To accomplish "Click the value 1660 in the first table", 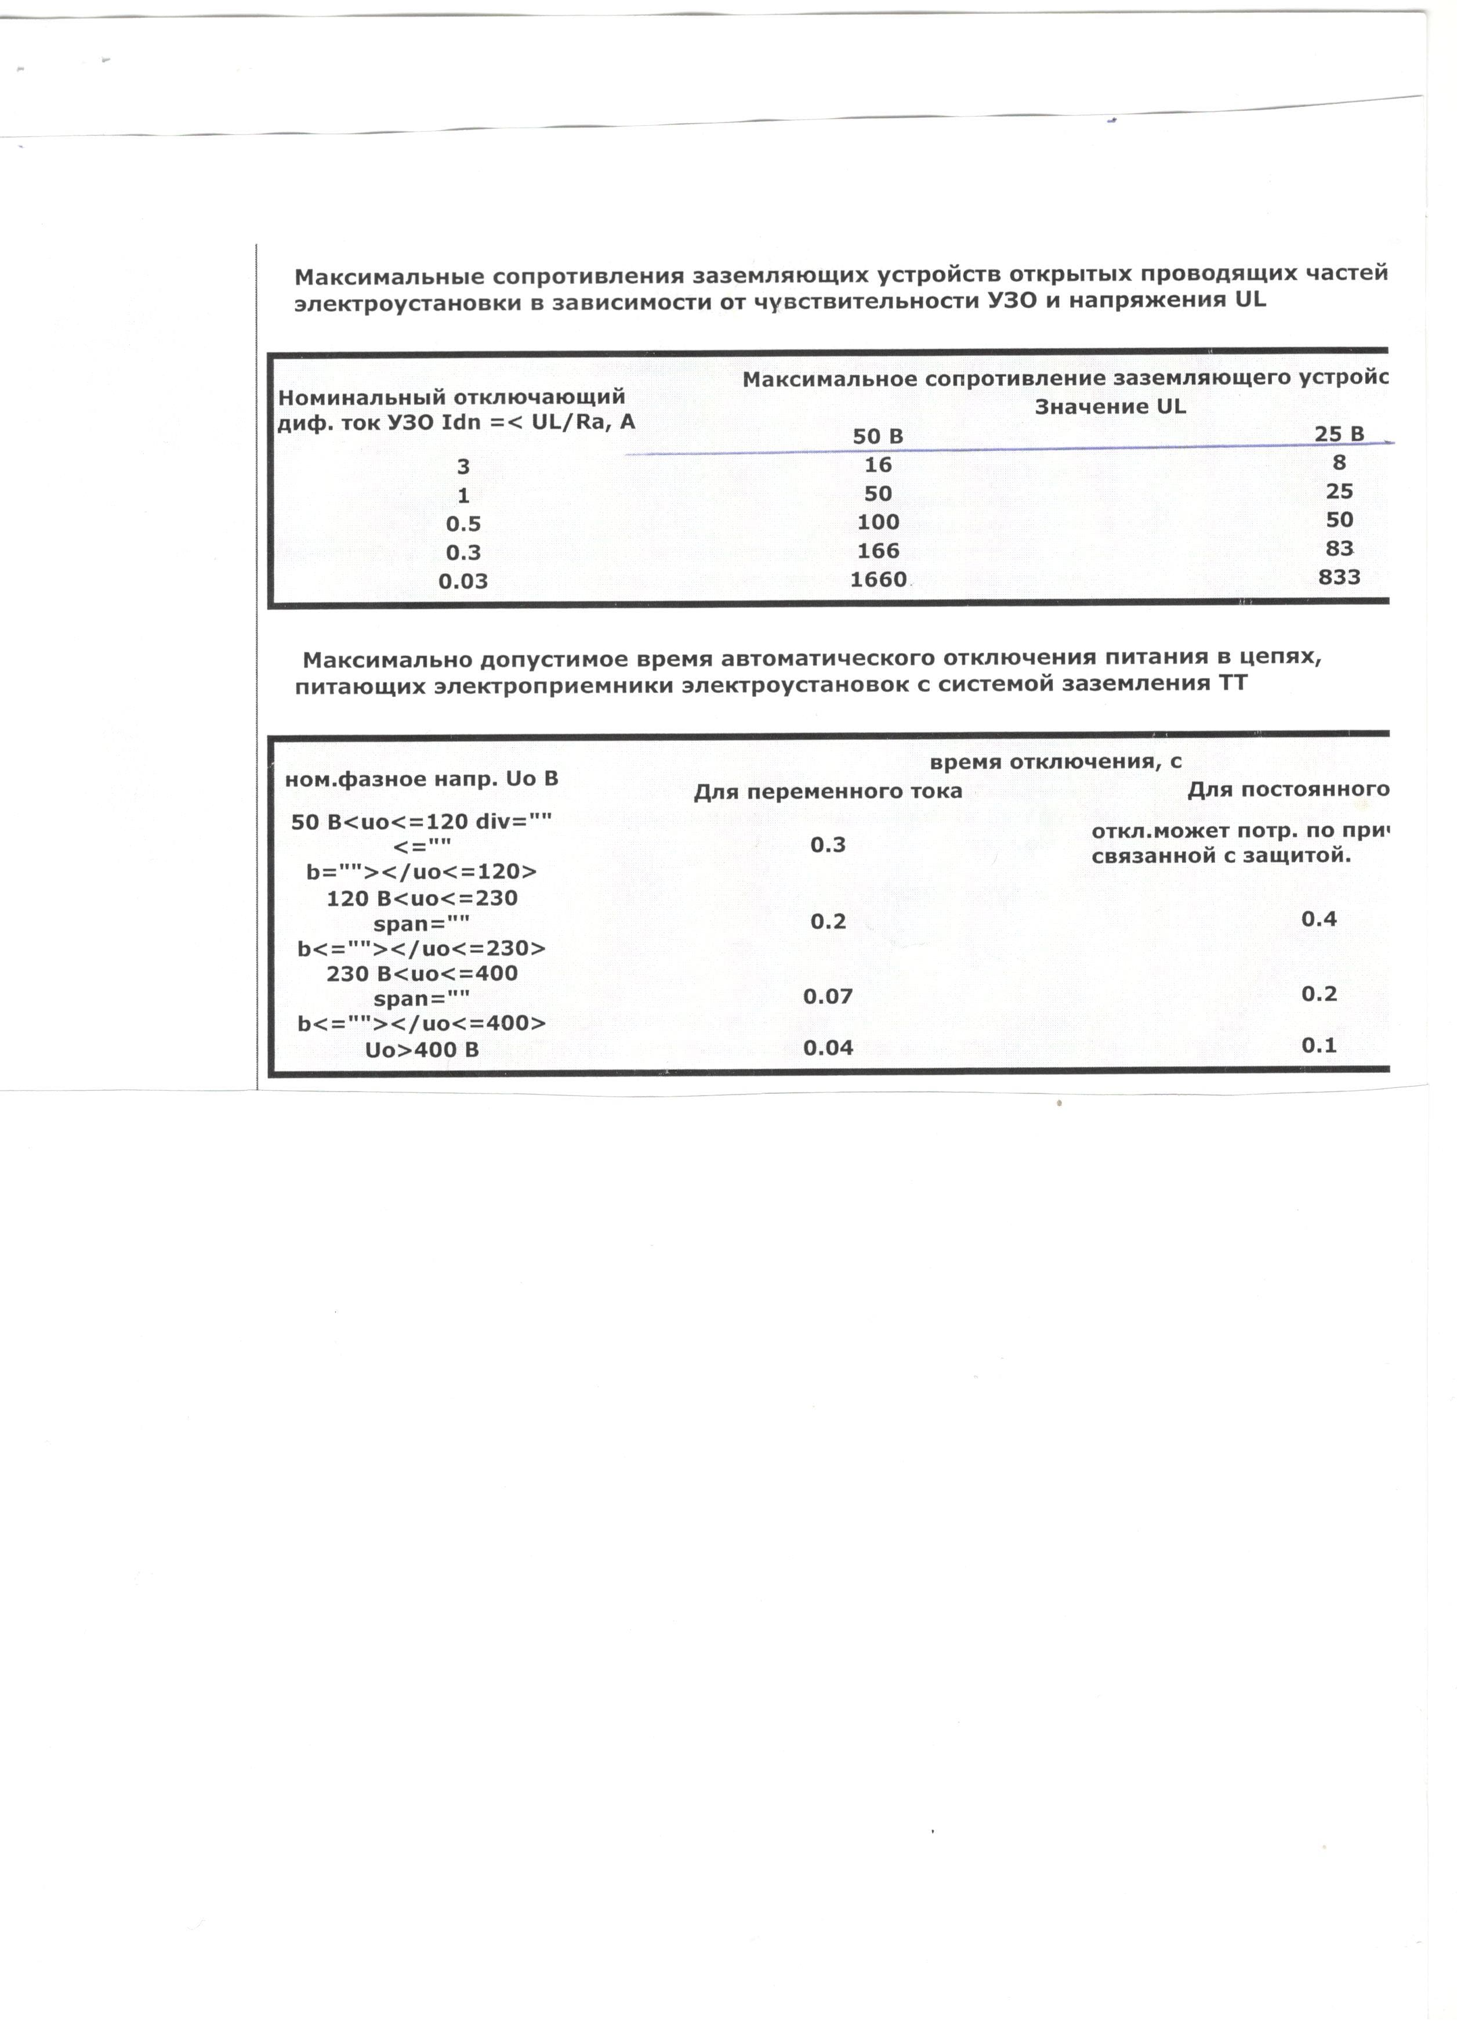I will click(x=878, y=580).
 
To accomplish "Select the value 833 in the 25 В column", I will click(x=1339, y=577).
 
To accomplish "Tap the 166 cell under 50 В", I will click(x=878, y=551).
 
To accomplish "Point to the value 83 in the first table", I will click(x=1339, y=548).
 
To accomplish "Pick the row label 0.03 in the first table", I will click(x=463, y=581).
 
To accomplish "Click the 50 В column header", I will click(x=878, y=437).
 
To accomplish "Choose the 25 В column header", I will click(x=1339, y=434).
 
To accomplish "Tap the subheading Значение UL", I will click(x=1110, y=406).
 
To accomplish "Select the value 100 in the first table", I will click(x=878, y=522).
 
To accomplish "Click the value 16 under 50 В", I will click(x=878, y=465).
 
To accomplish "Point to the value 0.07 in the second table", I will click(x=827, y=996).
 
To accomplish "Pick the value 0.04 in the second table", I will click(x=827, y=1047).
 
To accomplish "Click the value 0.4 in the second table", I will click(x=1318, y=918).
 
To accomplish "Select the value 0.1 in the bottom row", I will click(x=1318, y=1045).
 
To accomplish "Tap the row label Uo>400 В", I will click(x=422, y=1050).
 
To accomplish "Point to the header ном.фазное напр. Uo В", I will click(x=422, y=779).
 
